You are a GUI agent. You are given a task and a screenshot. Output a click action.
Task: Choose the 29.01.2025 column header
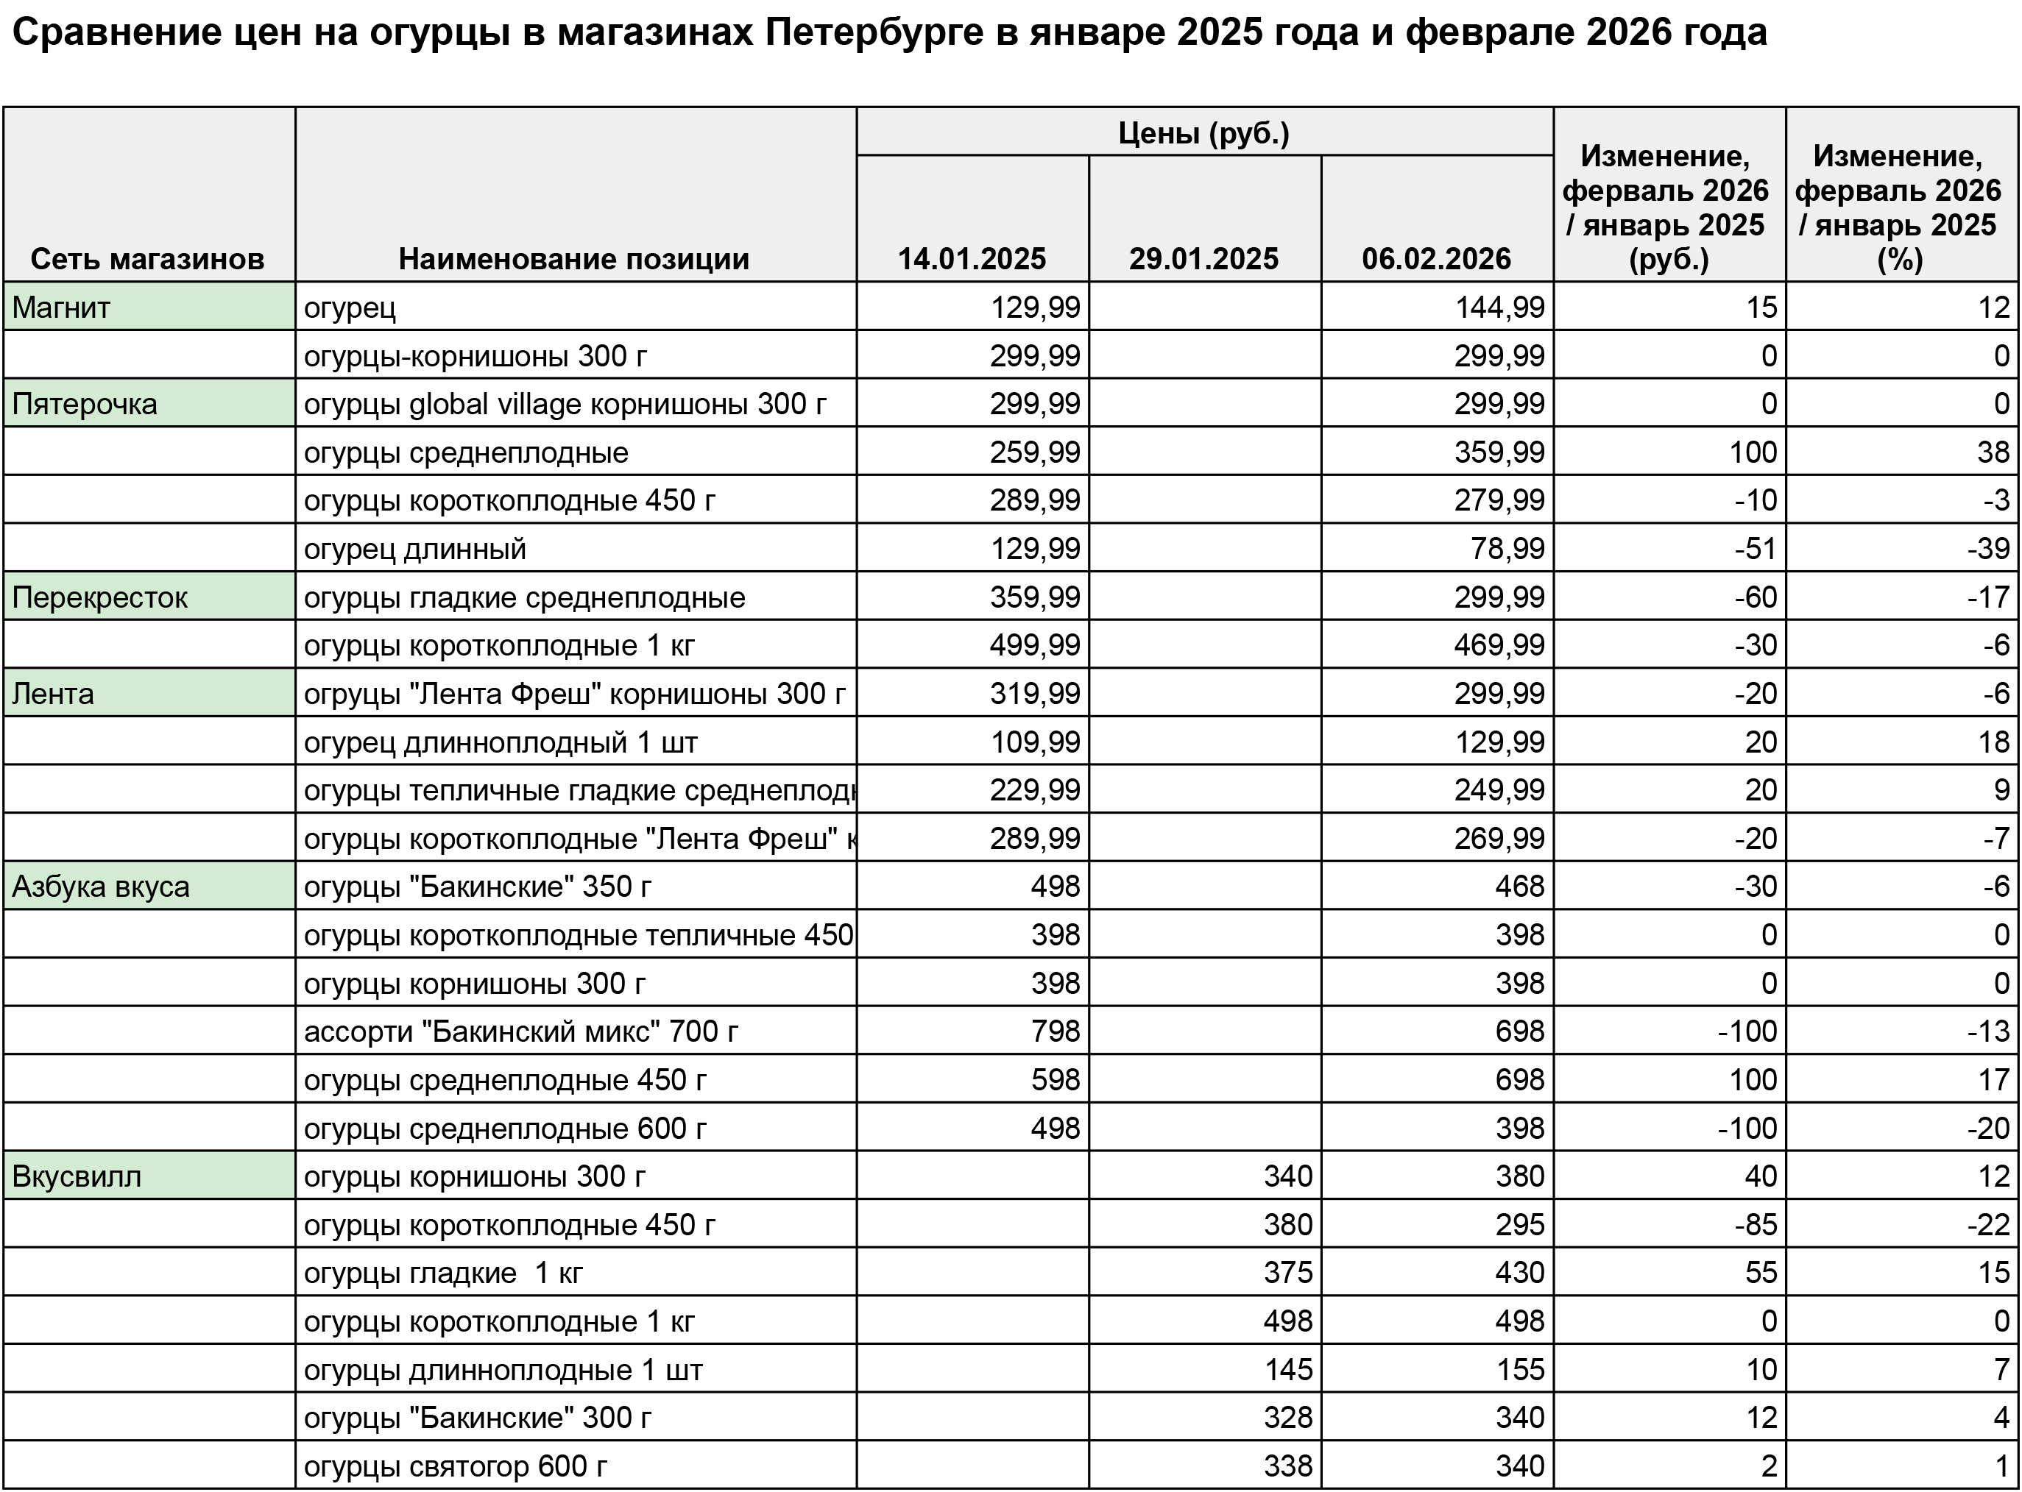tap(1203, 259)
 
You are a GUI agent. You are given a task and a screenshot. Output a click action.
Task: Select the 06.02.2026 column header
tap(1437, 259)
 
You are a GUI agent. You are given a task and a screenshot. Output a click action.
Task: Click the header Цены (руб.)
tap(1203, 134)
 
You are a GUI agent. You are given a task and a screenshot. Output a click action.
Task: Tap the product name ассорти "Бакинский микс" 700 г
tap(521, 1031)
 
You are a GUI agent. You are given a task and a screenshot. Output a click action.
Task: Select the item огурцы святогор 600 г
tap(456, 1466)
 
